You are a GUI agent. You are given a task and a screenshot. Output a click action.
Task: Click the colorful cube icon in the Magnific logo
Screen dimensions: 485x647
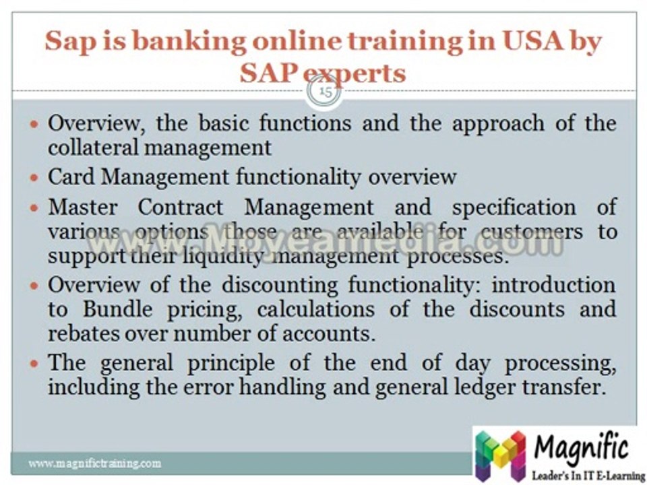[x=500, y=455]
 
